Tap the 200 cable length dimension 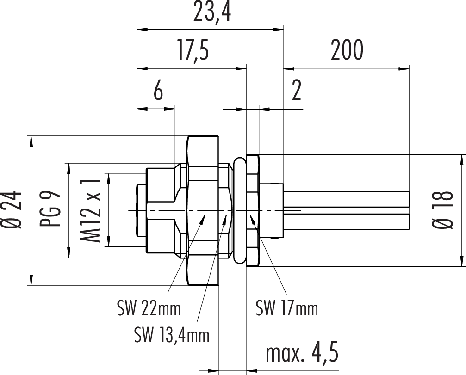347,51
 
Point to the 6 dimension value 157,92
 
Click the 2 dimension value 296,92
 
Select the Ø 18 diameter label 443,210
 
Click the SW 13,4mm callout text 171,334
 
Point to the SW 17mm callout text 287,307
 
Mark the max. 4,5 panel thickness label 302,354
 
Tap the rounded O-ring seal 239,210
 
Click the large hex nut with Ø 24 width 202,210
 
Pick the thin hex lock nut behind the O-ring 253,210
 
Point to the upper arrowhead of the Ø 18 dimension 461,160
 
